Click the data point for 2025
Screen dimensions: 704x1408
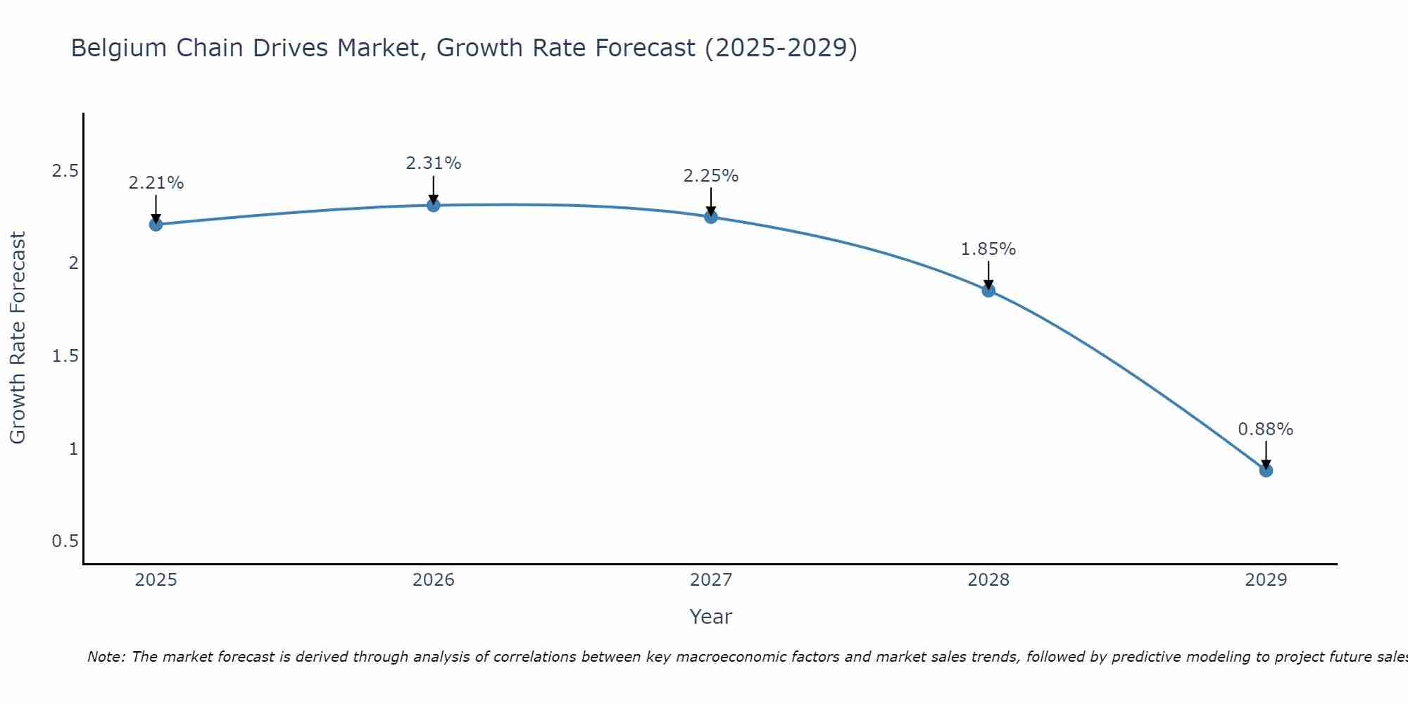156,225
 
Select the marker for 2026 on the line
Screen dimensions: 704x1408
434,205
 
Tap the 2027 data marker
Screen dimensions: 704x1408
711,217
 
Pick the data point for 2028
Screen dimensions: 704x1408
988,290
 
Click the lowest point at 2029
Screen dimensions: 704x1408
1266,470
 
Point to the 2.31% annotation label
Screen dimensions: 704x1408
434,163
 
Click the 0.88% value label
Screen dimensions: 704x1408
1266,429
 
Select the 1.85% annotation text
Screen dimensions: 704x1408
988,249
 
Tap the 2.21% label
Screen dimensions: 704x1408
156,183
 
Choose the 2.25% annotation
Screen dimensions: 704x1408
711,176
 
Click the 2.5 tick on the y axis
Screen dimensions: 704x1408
65,171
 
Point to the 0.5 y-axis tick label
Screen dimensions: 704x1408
65,541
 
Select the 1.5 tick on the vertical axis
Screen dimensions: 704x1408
65,356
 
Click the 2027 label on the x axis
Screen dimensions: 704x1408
711,580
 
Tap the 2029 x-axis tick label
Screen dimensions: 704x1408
1266,580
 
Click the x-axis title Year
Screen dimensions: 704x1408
711,617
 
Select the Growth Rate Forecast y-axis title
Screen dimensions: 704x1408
18,338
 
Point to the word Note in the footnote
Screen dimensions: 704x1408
106,657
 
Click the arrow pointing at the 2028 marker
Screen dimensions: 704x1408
988,275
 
